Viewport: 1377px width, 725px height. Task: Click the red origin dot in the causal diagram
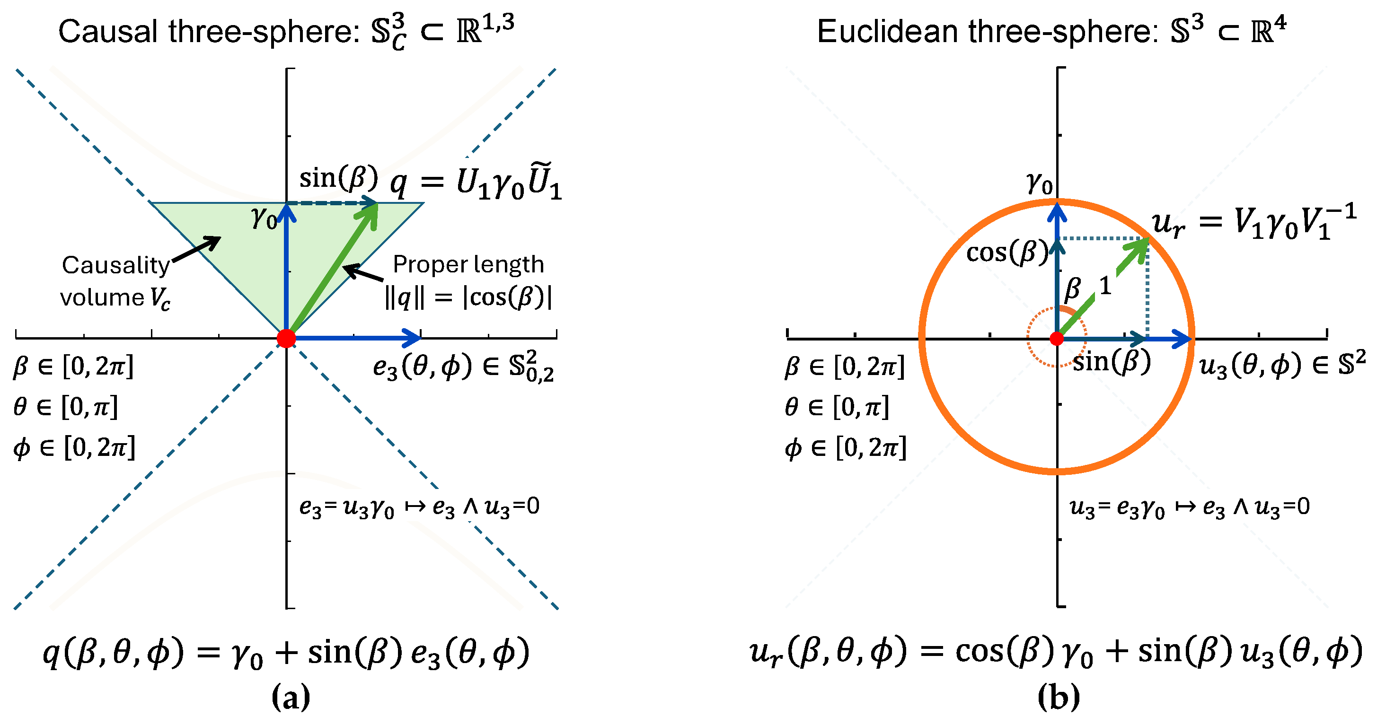pos(286,338)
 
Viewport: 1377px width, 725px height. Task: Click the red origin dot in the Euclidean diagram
pos(1056,338)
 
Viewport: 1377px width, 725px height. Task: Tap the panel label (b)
pos(1059,698)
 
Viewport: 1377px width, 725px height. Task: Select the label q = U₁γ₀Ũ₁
pos(476,183)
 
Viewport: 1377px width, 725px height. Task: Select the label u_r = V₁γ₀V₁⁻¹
pos(1253,221)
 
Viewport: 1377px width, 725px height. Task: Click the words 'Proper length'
pos(468,264)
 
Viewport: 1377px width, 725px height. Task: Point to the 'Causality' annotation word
pos(115,265)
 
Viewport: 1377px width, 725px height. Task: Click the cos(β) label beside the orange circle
pos(1007,252)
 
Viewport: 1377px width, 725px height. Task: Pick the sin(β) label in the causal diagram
pos(338,177)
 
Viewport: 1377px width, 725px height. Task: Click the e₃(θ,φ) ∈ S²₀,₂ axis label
pos(463,367)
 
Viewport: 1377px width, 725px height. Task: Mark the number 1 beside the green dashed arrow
pos(1105,287)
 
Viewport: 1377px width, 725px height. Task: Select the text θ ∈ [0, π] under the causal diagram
pos(65,407)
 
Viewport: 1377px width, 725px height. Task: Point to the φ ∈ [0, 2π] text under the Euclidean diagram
pos(845,448)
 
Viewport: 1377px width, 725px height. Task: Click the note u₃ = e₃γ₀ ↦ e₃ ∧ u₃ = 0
pos(1189,507)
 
